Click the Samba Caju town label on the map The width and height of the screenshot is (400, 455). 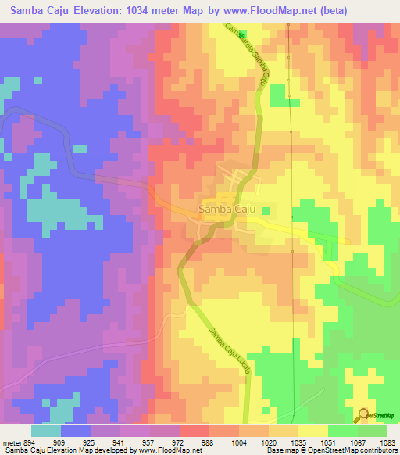click(x=226, y=210)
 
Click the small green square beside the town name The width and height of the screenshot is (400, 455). click(x=266, y=210)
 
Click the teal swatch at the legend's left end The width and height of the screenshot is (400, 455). click(x=46, y=431)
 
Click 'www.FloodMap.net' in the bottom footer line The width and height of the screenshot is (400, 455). click(x=168, y=451)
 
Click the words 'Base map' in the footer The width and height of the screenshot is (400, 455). click(x=277, y=451)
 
